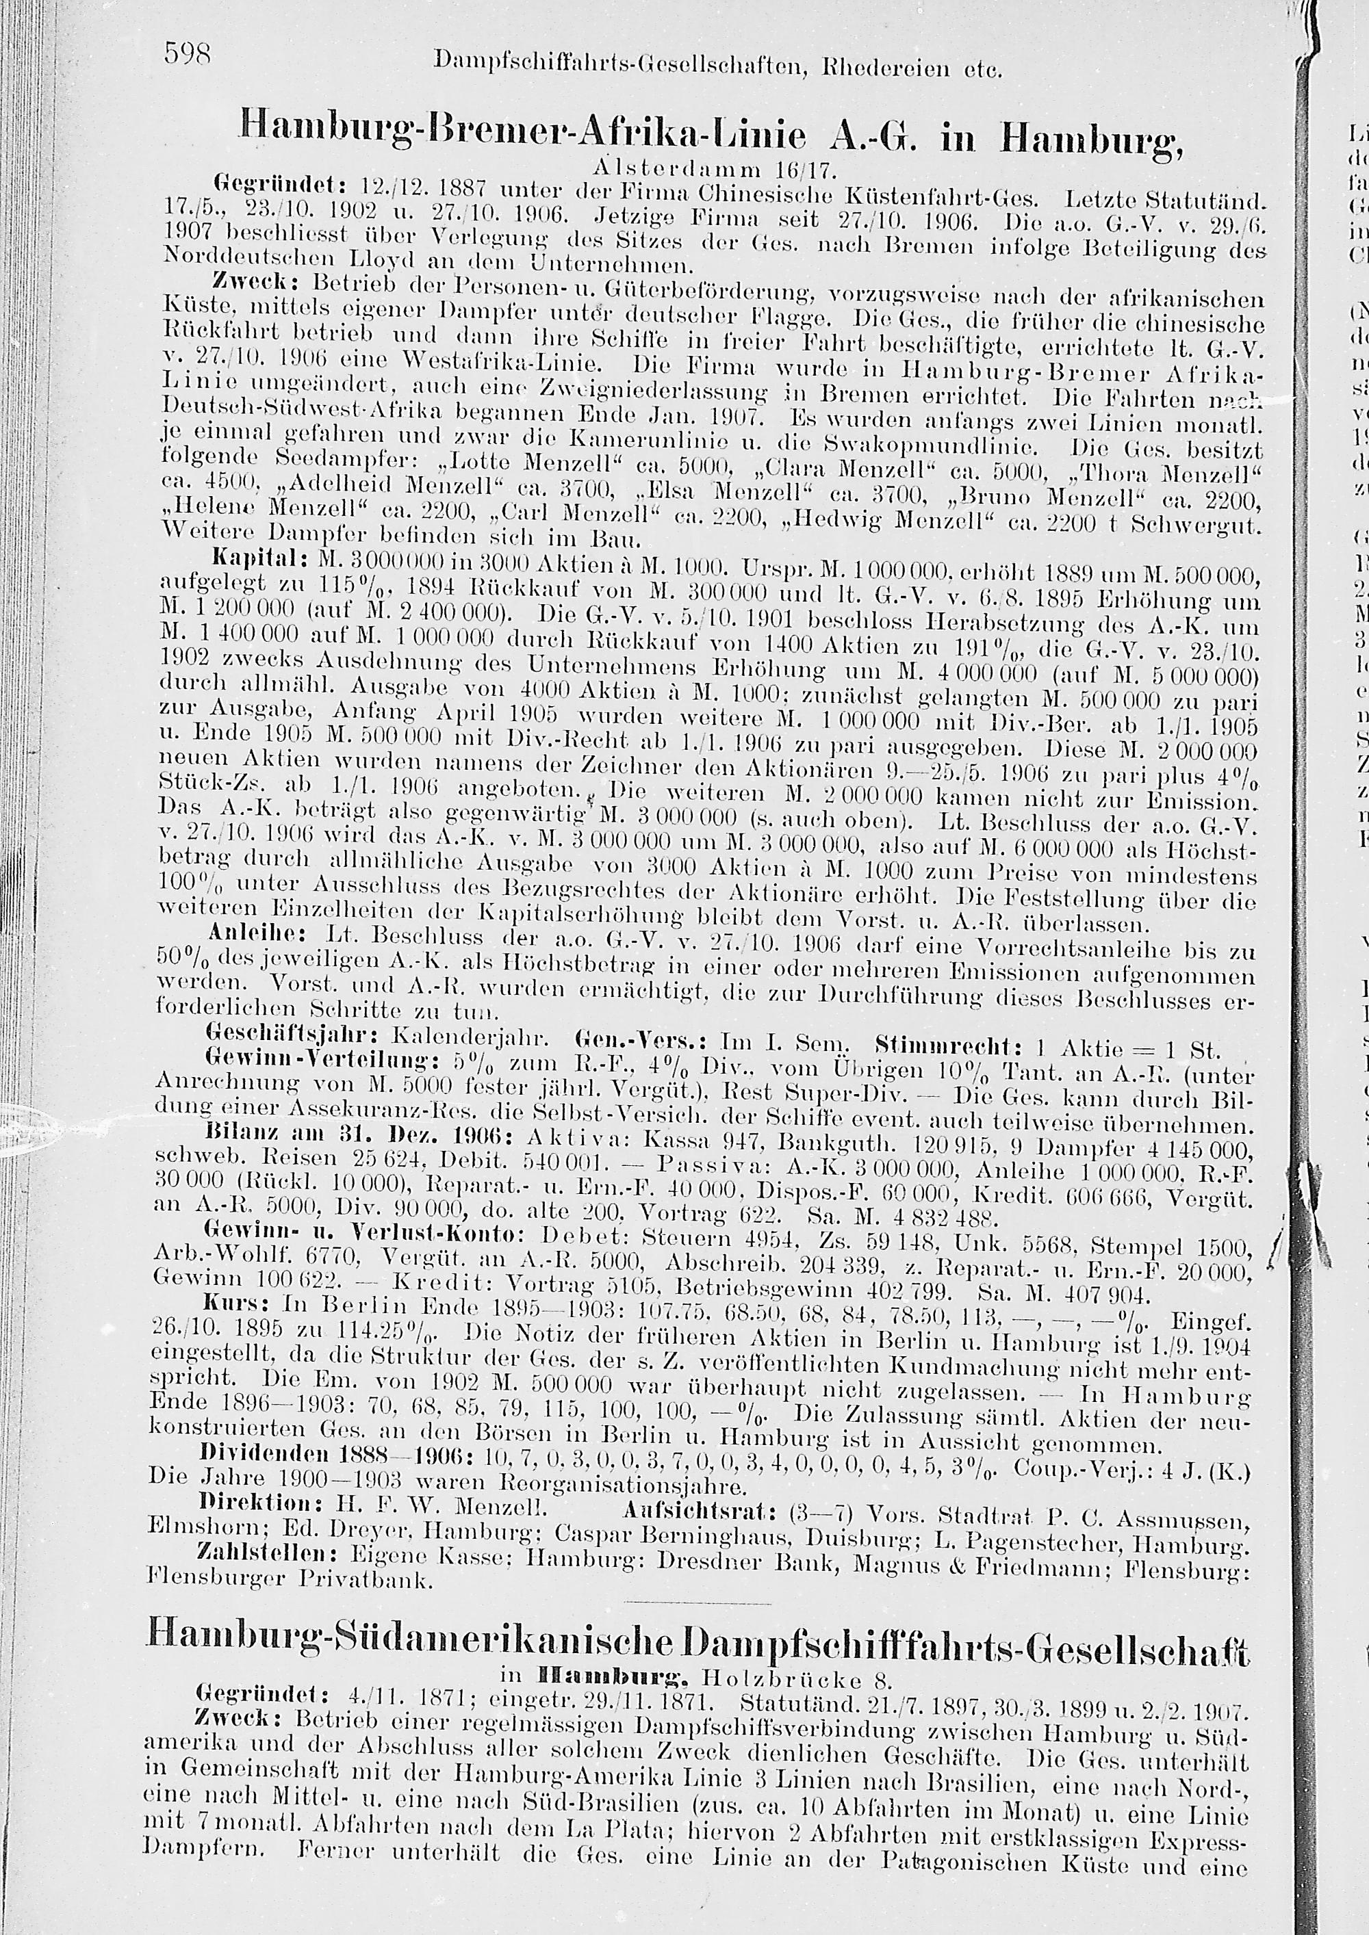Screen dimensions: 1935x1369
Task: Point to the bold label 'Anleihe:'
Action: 258,935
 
